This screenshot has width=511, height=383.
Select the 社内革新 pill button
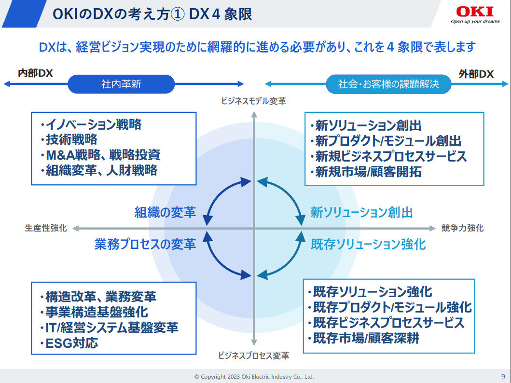pos(121,84)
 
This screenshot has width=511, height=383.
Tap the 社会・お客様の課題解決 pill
pos(388,84)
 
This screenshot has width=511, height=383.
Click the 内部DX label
pos(35,73)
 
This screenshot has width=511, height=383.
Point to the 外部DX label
pos(476,74)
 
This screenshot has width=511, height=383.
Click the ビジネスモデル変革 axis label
pos(253,101)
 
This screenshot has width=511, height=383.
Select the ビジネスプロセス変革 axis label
pos(253,356)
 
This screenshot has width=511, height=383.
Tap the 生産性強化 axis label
pos(46,228)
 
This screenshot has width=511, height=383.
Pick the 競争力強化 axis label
pos(462,228)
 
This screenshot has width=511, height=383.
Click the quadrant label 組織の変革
pos(165,212)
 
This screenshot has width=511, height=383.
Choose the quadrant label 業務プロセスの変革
pos(145,244)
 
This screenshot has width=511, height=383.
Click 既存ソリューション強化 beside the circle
pos(368,244)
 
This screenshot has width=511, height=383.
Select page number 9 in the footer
pos(503,376)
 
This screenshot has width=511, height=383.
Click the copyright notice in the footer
pos(254,376)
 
